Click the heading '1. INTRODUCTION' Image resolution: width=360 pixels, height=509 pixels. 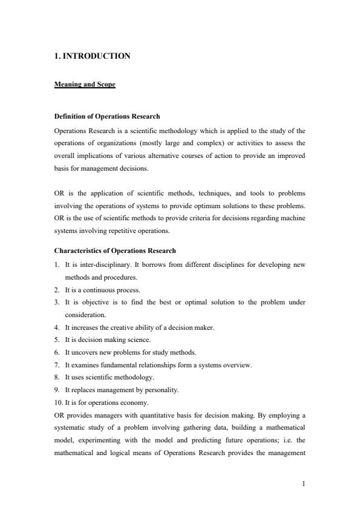(92, 56)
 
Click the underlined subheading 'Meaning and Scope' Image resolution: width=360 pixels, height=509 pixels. (85, 85)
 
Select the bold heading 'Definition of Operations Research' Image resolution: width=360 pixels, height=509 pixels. (106, 116)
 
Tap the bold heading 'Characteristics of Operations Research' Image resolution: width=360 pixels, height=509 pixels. (115, 251)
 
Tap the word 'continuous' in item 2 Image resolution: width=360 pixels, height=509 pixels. (92, 289)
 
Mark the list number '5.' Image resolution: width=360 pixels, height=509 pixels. (57, 340)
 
